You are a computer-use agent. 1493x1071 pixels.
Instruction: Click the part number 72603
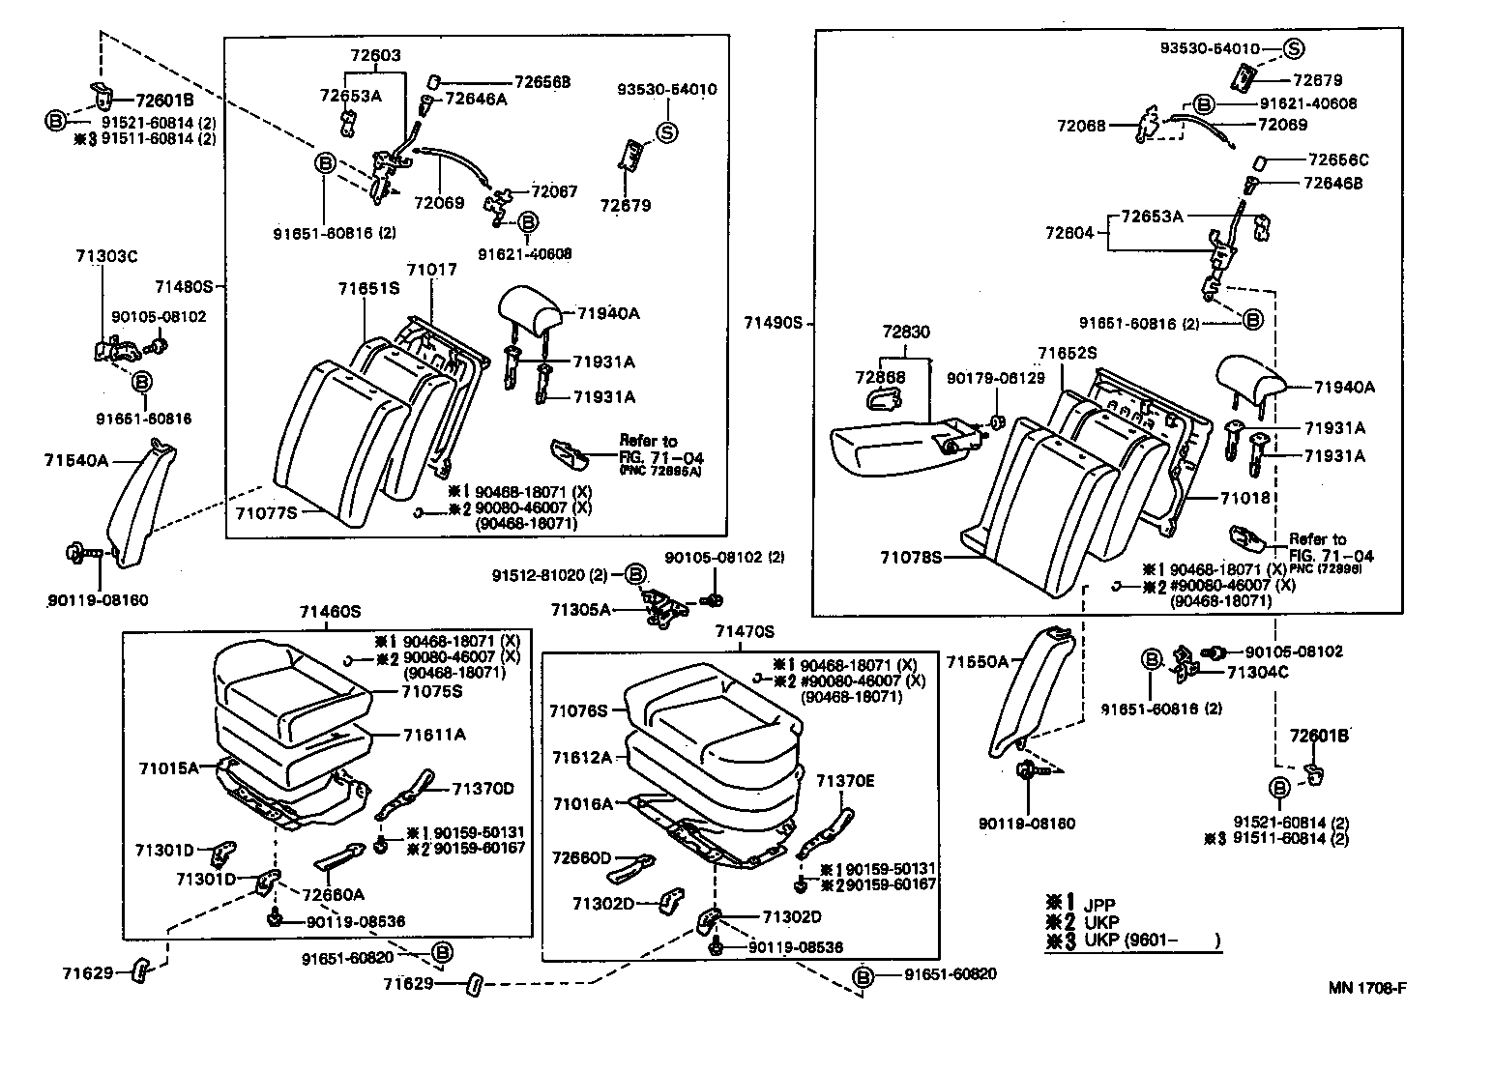pyautogui.click(x=374, y=56)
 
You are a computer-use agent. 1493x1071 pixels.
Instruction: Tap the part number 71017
pyautogui.click(x=431, y=271)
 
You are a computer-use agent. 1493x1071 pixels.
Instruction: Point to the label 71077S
pyautogui.click(x=265, y=513)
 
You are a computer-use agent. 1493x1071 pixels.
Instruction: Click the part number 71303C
pyautogui.click(x=106, y=256)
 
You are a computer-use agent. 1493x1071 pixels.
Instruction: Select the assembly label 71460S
pyautogui.click(x=329, y=611)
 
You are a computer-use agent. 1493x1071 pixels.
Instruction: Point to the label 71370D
pyautogui.click(x=483, y=789)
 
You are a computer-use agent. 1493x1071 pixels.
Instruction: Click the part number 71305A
pyautogui.click(x=581, y=610)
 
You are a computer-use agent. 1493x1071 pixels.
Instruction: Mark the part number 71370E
pyautogui.click(x=844, y=781)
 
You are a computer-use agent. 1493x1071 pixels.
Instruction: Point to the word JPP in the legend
pyautogui.click(x=1099, y=906)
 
